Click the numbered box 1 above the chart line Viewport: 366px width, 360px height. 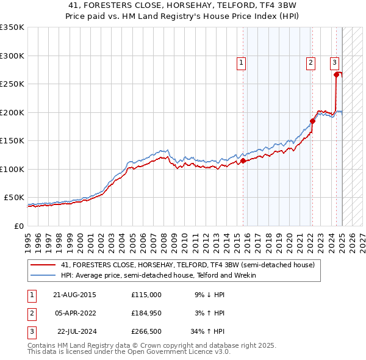tap(241, 62)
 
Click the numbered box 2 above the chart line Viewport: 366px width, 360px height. tap(310, 62)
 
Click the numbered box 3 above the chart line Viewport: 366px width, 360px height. tap(334, 62)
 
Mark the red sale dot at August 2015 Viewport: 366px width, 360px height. tap(243, 161)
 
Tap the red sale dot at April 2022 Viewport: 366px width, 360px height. tap(312, 121)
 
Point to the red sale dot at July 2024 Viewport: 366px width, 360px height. tap(336, 75)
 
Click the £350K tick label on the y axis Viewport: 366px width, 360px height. tap(12, 27)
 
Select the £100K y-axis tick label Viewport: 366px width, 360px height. tap(12, 169)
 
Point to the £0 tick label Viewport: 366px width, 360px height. tap(18, 226)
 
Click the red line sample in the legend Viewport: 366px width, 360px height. tap(43, 265)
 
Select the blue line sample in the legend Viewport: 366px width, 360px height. tap(43, 275)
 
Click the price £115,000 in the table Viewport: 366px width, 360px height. tap(146, 295)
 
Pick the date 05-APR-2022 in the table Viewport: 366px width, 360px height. tap(74, 313)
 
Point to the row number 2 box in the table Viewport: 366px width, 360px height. tap(30, 313)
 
